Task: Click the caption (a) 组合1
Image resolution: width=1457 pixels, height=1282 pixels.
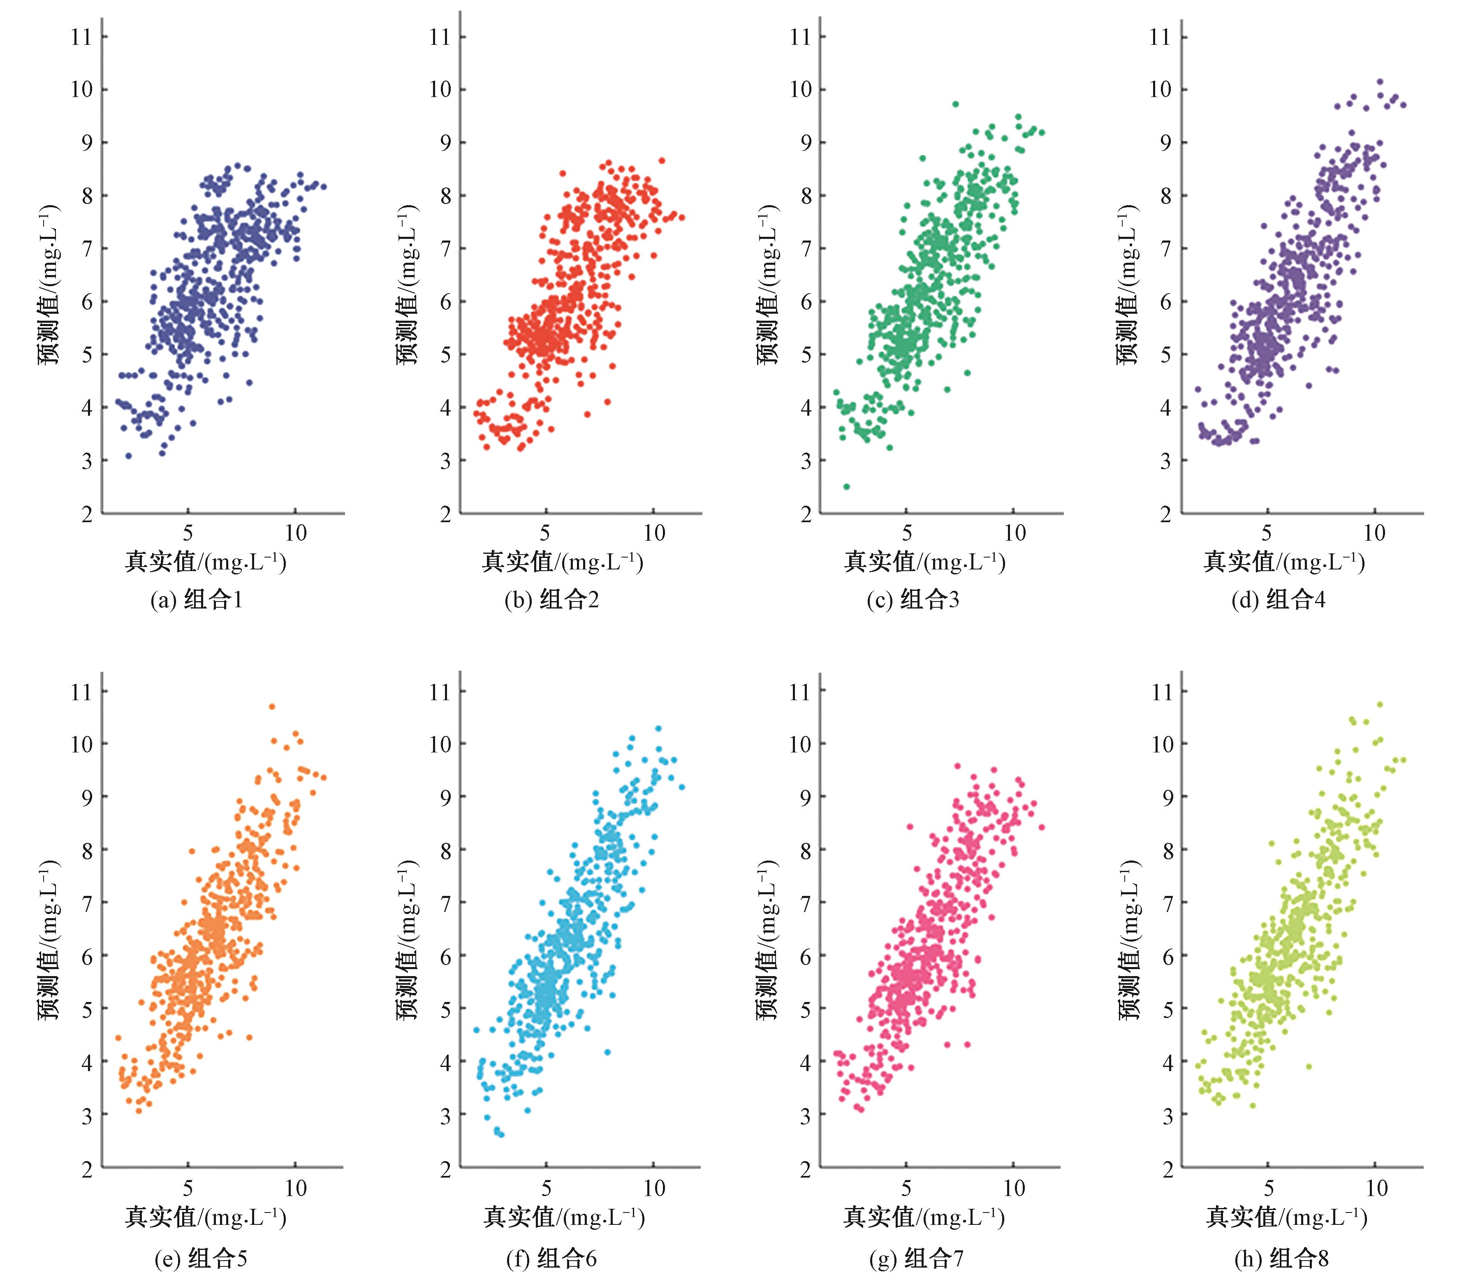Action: point(197,600)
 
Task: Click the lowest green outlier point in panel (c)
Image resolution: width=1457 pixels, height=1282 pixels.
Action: point(846,487)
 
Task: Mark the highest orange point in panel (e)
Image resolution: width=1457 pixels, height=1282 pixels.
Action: point(271,707)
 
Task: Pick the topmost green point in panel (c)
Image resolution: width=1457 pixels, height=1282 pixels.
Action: point(955,104)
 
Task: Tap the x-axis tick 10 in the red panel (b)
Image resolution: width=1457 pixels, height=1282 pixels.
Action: point(653,533)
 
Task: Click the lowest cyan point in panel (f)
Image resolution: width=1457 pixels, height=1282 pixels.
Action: point(501,1134)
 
